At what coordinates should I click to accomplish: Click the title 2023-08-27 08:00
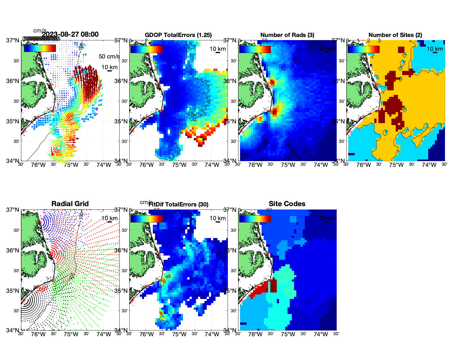point(70,34)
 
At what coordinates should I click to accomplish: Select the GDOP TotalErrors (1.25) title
point(178,35)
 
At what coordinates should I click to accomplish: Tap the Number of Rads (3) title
point(287,35)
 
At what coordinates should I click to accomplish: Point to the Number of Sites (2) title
point(395,35)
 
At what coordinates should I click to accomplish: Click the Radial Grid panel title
point(70,204)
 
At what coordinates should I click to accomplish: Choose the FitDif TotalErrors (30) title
point(178,204)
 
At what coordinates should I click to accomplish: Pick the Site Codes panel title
point(287,204)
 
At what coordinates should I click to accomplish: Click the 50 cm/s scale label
point(109,56)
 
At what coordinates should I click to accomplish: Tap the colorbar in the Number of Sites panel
point(363,49)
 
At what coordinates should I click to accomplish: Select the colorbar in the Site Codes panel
point(255,219)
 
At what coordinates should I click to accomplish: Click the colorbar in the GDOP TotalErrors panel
point(146,49)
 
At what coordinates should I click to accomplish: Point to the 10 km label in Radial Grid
point(109,218)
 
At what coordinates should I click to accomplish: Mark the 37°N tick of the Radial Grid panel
point(13,210)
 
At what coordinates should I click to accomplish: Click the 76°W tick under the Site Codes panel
point(255,335)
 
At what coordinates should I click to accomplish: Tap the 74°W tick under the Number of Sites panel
point(429,165)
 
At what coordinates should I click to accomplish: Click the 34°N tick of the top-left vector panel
point(13,161)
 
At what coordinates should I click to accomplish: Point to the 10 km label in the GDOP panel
point(217,49)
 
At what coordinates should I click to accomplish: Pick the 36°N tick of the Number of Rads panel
point(230,81)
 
